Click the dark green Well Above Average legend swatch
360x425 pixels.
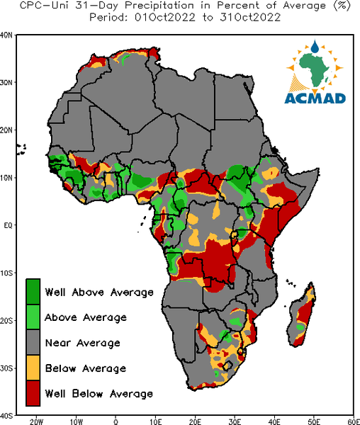tap(33, 292)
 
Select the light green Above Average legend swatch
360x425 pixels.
tap(33, 317)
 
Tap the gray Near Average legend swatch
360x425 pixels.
tap(33, 342)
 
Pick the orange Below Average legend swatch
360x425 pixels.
tap(33, 368)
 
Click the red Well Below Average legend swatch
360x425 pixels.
tap(33, 393)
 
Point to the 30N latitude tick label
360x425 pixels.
tap(6, 82)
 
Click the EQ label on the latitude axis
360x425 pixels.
tap(8, 225)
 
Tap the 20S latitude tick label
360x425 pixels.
tap(6, 321)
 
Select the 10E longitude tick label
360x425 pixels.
tap(155, 421)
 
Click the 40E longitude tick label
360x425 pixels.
tap(274, 421)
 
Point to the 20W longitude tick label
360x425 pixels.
tap(36, 421)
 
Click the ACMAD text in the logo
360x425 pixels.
tap(315, 98)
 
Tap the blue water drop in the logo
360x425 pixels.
tap(315, 47)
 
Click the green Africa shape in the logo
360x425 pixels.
tap(315, 68)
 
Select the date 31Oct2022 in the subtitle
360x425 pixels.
tap(250, 17)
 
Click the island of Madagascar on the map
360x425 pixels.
tap(302, 315)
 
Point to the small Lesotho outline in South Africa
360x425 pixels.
tap(227, 366)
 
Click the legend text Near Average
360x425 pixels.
tap(83, 343)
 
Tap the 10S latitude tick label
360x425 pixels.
tap(6, 273)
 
